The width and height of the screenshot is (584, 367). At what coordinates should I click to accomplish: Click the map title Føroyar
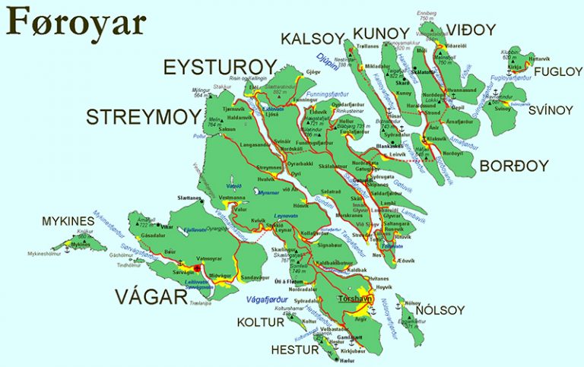[x=75, y=23]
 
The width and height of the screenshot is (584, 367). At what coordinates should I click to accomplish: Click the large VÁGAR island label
[x=151, y=296]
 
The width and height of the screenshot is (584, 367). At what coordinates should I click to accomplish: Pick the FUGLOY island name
[x=557, y=72]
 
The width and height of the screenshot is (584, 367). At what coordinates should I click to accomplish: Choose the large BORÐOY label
[x=509, y=166]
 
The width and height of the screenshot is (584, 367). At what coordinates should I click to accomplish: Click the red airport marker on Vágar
[x=197, y=268]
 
